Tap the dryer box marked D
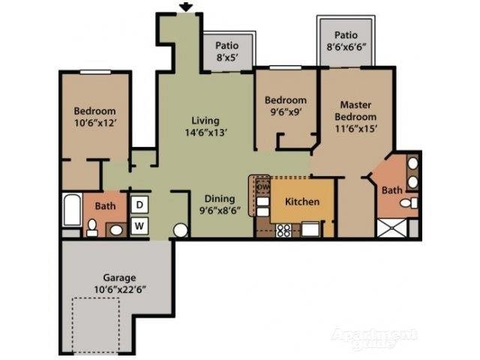point(139,204)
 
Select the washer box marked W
point(139,224)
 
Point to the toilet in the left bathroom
point(92,228)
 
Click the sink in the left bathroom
point(117,229)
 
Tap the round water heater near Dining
point(181,230)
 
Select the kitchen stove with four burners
point(284,230)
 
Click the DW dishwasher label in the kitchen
point(262,187)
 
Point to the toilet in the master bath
point(407,202)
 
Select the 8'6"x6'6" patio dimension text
point(346,47)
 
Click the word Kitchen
point(301,202)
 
